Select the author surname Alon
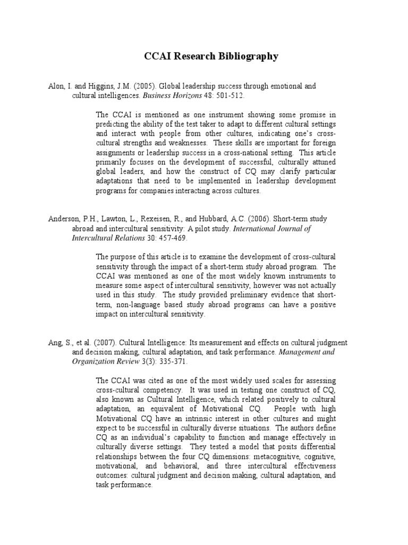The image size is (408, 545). click(x=57, y=86)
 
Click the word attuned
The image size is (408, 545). click(x=322, y=162)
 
